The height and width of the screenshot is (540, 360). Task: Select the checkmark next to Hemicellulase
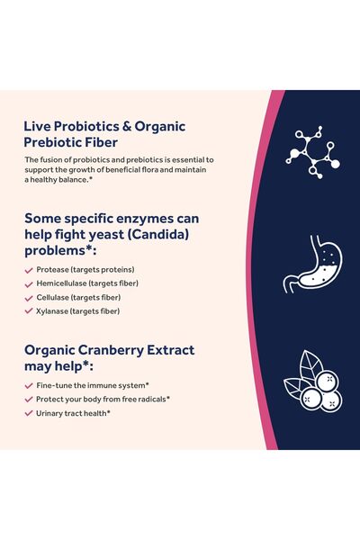[29, 283]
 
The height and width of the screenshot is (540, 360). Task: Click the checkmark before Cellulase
[29, 297]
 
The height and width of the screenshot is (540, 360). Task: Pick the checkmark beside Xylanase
[29, 310]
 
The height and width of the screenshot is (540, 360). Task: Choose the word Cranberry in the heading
[121, 350]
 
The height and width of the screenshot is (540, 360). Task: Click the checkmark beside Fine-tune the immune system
[29, 385]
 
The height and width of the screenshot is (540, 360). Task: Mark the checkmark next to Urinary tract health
[29, 412]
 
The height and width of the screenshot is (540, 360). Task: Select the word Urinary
[49, 412]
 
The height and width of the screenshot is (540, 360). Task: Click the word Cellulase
[54, 297]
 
